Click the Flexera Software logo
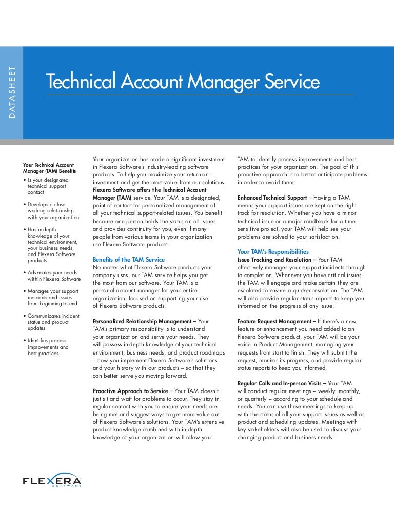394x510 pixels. click(x=52, y=480)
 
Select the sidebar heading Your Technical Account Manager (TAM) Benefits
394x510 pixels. click(x=49, y=168)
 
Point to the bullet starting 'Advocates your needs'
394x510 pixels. click(x=53, y=276)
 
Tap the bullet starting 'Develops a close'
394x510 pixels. click(x=53, y=211)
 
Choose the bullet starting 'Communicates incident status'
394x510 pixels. click(x=53, y=320)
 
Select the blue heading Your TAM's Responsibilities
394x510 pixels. click(x=273, y=252)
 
